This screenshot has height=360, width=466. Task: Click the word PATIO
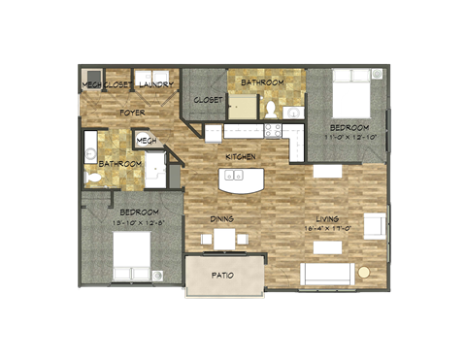click(222, 276)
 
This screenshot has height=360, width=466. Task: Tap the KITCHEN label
click(240, 156)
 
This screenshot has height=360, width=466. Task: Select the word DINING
click(222, 219)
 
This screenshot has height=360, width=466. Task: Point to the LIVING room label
click(327, 218)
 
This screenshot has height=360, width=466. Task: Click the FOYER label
click(132, 113)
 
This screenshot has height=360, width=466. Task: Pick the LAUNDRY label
click(156, 84)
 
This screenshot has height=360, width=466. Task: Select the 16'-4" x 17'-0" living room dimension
click(327, 229)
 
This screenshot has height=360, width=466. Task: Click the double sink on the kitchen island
click(233, 177)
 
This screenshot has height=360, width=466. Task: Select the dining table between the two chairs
click(224, 238)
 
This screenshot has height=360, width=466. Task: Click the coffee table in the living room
click(327, 247)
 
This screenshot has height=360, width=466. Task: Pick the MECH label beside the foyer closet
click(91, 84)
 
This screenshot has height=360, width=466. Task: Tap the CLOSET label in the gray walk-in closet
click(208, 100)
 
